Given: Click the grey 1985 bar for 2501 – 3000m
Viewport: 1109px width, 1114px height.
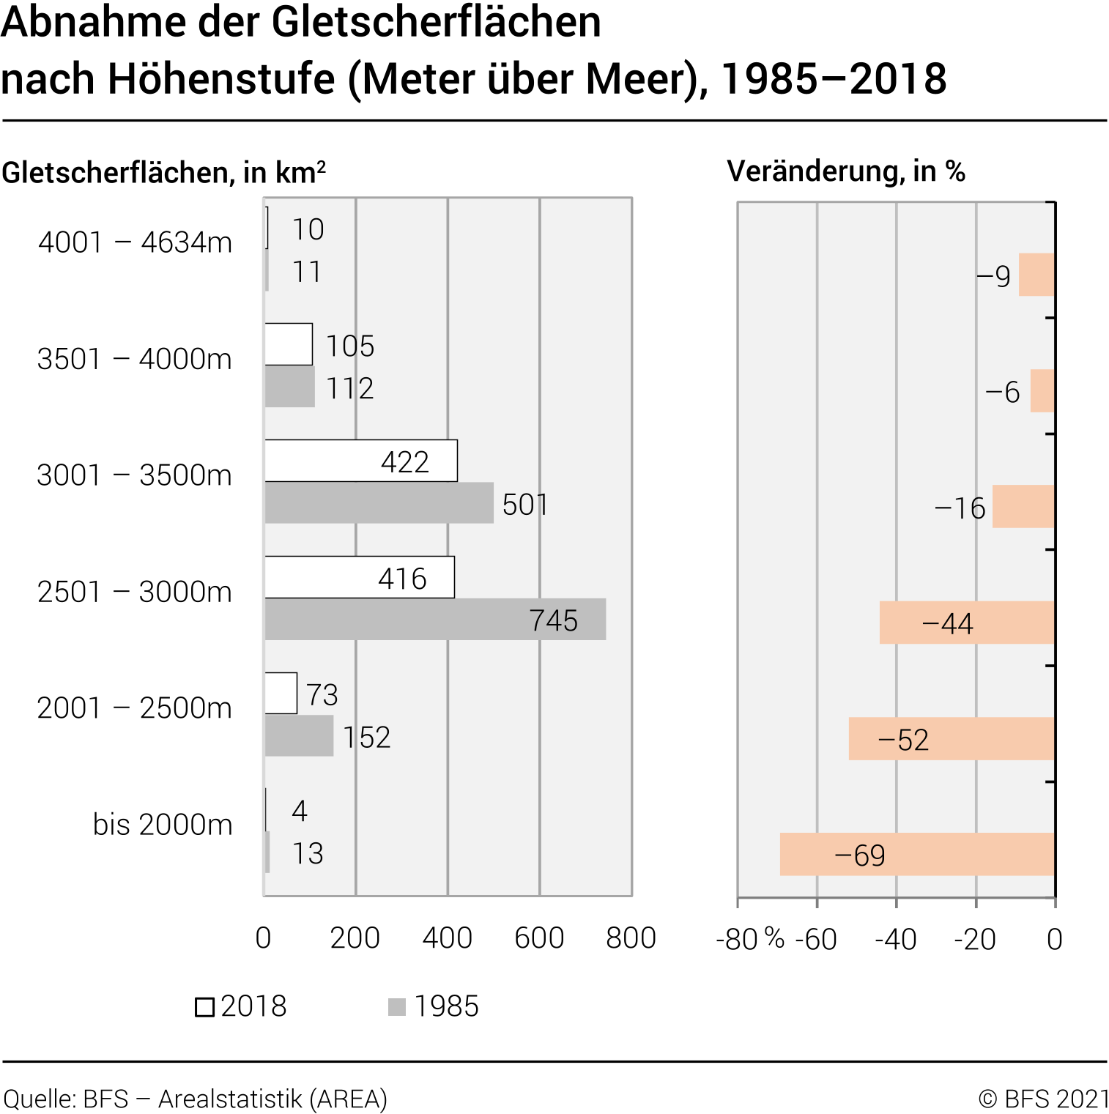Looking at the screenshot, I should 435,620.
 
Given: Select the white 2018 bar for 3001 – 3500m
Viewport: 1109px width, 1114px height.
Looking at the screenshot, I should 360,461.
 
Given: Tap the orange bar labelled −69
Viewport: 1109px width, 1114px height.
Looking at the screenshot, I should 917,854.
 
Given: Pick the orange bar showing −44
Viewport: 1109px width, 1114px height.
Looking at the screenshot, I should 967,623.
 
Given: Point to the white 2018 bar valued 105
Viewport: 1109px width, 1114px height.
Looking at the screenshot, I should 289,344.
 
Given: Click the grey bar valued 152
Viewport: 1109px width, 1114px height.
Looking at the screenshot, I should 299,735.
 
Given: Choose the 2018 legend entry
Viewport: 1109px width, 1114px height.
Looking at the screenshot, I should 241,1006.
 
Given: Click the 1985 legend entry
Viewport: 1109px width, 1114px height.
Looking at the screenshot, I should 434,1006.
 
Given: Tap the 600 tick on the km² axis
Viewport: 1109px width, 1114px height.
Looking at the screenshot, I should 539,938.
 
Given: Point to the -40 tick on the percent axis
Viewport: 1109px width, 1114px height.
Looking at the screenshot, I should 896,940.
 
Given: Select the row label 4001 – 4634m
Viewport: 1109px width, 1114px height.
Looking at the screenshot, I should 135,242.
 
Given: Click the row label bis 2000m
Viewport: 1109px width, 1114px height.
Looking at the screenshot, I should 163,825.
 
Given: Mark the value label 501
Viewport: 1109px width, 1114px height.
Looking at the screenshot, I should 524,505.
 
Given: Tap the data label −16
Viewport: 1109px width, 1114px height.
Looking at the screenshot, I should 960,508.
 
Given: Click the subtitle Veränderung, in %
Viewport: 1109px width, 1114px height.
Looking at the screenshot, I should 846,171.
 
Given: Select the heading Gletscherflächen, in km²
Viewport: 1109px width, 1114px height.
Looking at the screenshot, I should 163,173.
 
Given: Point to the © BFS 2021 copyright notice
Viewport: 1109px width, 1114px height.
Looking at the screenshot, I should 1044,1099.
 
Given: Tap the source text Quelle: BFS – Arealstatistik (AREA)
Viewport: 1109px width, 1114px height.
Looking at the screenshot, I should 196,1099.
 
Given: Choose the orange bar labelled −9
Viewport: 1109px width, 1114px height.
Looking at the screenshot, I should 1036,275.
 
